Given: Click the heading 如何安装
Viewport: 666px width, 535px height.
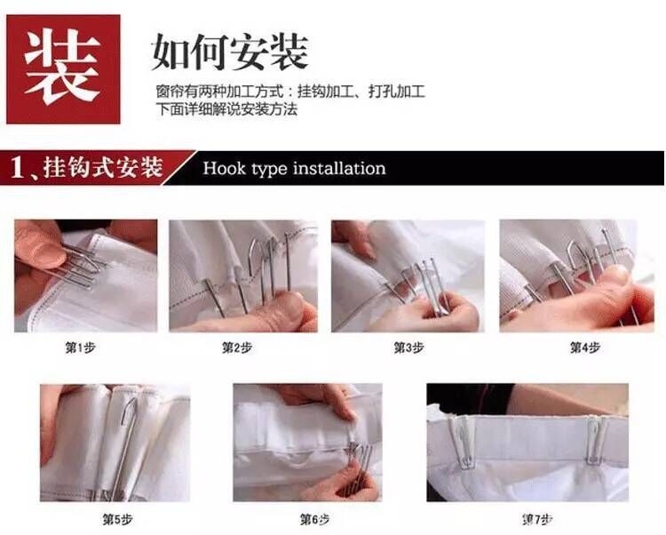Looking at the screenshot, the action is tap(229, 52).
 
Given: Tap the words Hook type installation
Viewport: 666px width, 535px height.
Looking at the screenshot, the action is tap(294, 168).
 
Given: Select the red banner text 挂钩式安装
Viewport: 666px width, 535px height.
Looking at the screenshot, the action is tap(103, 167).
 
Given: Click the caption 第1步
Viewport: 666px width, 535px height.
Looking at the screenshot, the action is tap(80, 347).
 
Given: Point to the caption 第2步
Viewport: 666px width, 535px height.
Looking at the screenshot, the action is tap(236, 347).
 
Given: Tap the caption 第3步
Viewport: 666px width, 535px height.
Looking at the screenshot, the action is tap(408, 347).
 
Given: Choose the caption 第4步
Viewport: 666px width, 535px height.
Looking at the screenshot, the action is tap(585, 347).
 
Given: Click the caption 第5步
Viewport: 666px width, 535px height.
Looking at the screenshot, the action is tap(117, 519).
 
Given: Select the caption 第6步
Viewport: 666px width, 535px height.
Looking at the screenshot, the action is tap(314, 519).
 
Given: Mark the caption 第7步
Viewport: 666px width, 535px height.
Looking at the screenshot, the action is tap(537, 519).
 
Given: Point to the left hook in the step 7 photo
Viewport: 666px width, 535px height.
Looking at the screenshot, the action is tap(463, 442).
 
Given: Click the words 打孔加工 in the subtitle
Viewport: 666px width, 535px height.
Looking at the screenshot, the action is tap(397, 92).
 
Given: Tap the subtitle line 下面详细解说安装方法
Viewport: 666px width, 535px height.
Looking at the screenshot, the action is tap(226, 109).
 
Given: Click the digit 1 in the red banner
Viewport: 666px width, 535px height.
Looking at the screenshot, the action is tap(18, 167).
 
